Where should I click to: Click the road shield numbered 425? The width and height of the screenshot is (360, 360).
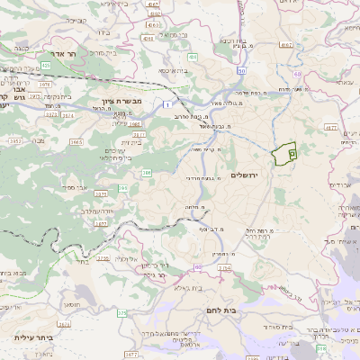[x=45, y=65]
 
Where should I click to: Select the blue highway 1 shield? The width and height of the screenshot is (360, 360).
[x=167, y=105]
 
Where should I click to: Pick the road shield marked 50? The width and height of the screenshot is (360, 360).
[x=241, y=70]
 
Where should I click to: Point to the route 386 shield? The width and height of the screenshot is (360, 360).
[x=147, y=172]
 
